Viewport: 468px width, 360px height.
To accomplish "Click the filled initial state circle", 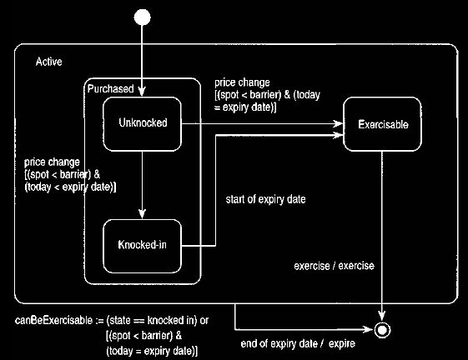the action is click(x=143, y=17).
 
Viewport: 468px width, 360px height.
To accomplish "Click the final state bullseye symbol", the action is click(x=382, y=330).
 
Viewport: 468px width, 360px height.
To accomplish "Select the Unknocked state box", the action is click(x=143, y=124).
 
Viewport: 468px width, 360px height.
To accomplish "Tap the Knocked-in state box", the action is click(x=143, y=246).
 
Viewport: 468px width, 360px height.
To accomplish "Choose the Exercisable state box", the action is click(x=382, y=124).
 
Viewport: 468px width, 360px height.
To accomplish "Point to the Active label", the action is click(x=49, y=62).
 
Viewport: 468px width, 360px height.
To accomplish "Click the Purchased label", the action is click(x=110, y=88).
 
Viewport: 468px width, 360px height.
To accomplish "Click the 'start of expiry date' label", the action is click(x=265, y=199).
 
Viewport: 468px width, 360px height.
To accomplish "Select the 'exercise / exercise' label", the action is click(x=334, y=266).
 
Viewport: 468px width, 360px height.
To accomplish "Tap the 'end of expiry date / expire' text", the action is click(x=298, y=343).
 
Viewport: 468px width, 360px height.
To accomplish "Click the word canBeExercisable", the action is click(x=53, y=320).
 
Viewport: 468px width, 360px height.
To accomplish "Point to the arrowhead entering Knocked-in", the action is click(x=143, y=214).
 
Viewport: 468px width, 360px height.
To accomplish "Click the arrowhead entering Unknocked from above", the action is click(x=142, y=92).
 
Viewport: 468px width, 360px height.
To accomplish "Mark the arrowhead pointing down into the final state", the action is click(x=382, y=316).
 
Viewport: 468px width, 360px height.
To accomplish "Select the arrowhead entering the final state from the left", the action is click(x=369, y=329).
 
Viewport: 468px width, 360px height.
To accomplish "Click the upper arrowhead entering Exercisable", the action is click(x=338, y=123).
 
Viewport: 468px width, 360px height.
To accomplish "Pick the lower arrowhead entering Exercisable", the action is click(x=338, y=135).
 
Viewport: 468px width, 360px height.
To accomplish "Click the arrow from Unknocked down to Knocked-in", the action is click(x=143, y=185).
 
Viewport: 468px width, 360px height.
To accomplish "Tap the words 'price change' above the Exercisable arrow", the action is click(x=242, y=82).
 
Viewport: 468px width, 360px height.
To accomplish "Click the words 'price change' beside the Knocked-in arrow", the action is click(x=52, y=162).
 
